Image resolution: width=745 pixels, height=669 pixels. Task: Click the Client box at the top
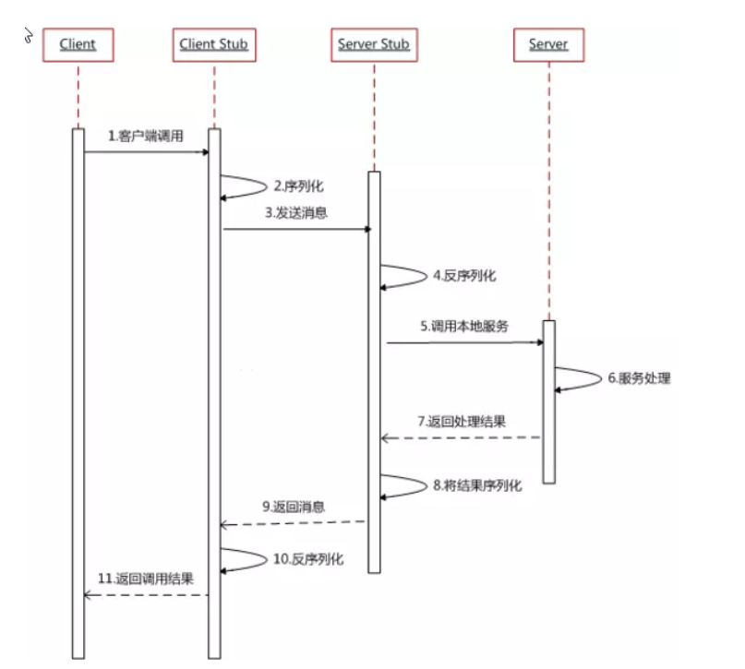pos(78,44)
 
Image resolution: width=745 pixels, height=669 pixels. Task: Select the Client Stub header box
pos(213,44)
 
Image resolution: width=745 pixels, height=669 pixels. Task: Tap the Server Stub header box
pos(373,44)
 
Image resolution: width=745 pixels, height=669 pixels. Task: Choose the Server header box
pos(548,44)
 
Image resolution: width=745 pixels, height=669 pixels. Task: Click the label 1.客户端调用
pos(146,136)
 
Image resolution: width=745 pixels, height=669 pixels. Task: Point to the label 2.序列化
pos(298,185)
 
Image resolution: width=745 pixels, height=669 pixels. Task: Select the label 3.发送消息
pos(296,212)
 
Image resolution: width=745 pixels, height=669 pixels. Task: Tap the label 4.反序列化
pos(464,275)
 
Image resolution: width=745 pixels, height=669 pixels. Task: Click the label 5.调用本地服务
pos(464,326)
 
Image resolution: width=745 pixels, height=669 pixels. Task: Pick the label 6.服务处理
pos(639,377)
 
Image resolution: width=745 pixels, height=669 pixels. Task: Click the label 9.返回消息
pos(294,507)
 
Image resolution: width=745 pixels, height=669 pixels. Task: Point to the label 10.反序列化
pos(310,560)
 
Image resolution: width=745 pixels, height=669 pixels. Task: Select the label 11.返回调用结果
pos(147,579)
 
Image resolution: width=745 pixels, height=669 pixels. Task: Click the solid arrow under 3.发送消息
pos(296,228)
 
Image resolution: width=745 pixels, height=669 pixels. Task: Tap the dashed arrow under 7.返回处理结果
pos(461,437)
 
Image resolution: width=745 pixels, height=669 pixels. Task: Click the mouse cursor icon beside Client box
pos(30,37)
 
